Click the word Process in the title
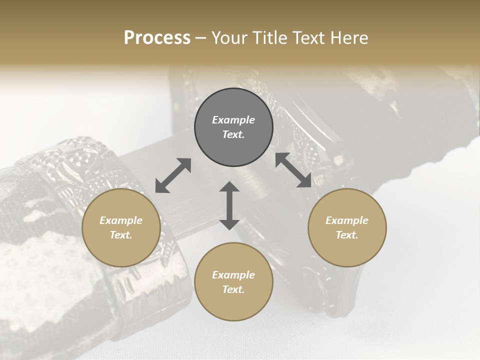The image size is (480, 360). (157, 37)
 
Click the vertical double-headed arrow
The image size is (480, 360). (229, 205)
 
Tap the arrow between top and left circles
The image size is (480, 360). (173, 175)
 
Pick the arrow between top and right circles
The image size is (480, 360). (293, 170)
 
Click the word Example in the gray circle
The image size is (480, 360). (233, 120)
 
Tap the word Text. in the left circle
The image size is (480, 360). (121, 235)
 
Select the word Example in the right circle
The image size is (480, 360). (347, 220)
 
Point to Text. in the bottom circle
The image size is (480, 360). (233, 289)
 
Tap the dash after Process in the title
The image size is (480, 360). (201, 38)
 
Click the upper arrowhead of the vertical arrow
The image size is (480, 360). (229, 187)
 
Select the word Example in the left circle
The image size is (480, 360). (121, 220)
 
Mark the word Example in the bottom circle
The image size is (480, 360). (233, 275)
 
